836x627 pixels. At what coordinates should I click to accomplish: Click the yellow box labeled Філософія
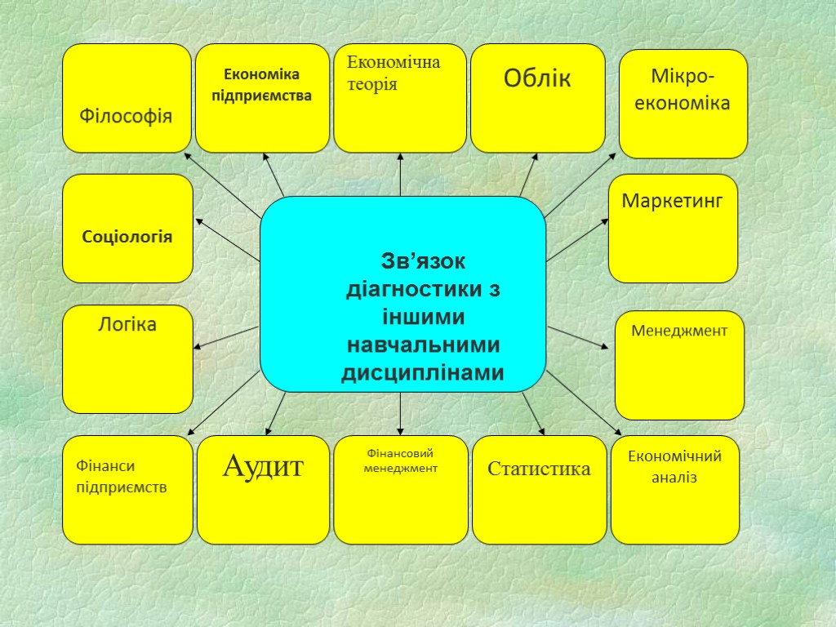pyautogui.click(x=127, y=99)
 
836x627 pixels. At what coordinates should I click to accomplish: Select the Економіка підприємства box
pyautogui.click(x=262, y=99)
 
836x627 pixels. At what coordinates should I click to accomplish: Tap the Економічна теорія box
pyautogui.click(x=400, y=99)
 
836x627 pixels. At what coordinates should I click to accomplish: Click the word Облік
pyautogui.click(x=537, y=79)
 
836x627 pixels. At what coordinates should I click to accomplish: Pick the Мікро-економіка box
pyautogui.click(x=683, y=104)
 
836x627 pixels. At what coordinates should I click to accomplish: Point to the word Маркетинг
pyautogui.click(x=672, y=201)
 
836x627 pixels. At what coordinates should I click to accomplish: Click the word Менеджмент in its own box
pyautogui.click(x=678, y=331)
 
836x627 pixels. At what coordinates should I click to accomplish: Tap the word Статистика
pyautogui.click(x=539, y=469)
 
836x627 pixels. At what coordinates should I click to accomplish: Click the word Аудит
pyautogui.click(x=263, y=468)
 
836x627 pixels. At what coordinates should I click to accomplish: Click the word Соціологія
pyautogui.click(x=127, y=237)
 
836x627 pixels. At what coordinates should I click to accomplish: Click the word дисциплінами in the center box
pyautogui.click(x=422, y=373)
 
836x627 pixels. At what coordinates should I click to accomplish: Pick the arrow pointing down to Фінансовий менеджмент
pyautogui.click(x=400, y=413)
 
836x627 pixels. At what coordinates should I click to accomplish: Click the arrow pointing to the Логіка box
pyautogui.click(x=226, y=337)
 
